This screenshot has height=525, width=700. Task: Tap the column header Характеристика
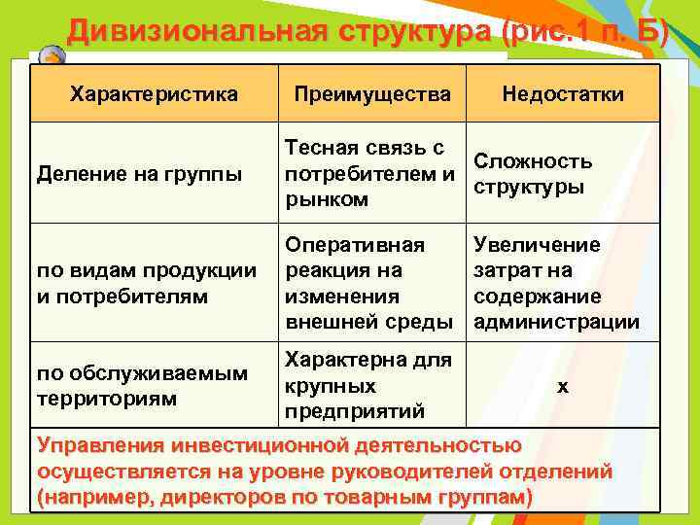pos(155,94)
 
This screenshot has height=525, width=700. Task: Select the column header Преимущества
pos(372,94)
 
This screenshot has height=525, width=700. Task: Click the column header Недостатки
pos(562,94)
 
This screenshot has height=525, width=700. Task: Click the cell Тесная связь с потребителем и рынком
pos(369,173)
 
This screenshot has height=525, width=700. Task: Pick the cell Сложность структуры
pos(532,173)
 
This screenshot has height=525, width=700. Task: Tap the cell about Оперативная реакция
pos(369,283)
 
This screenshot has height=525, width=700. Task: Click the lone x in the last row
pos(562,386)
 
